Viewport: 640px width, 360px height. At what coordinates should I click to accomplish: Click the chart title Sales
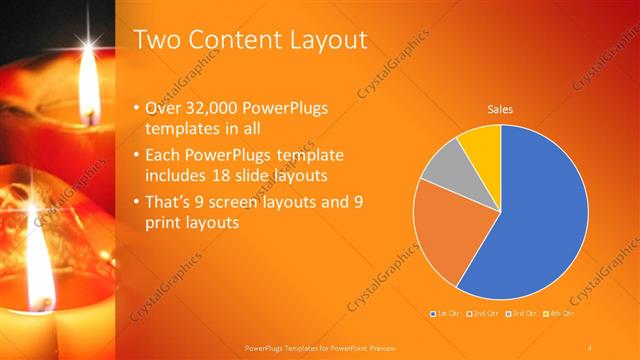500,109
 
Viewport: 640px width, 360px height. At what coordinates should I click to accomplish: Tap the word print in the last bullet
164,223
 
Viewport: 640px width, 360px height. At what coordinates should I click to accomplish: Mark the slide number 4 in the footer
590,347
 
